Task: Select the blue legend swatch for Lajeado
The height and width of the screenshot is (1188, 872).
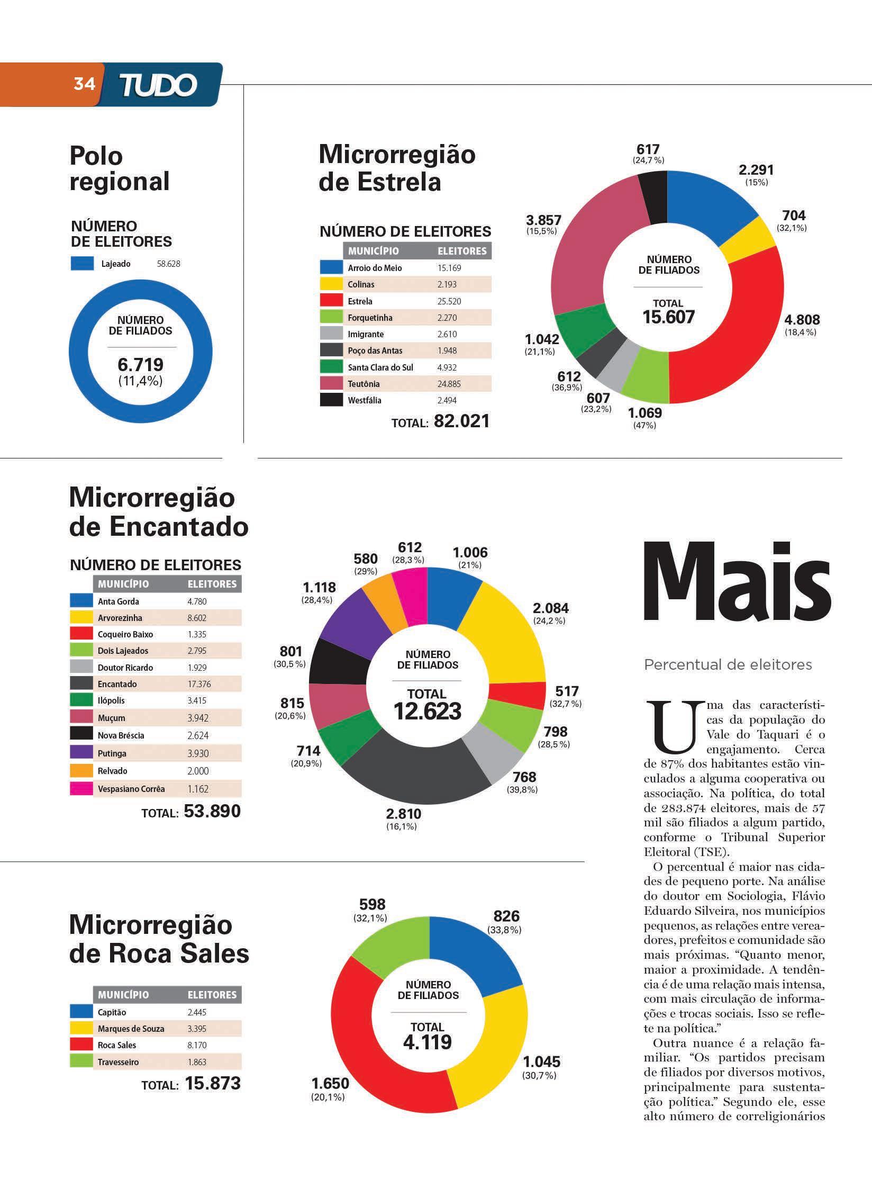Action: pos(82,264)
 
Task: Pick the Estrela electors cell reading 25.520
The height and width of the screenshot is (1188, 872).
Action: pos(449,301)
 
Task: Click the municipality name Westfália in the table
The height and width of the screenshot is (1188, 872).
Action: pos(365,400)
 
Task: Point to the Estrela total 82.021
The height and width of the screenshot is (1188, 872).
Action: pos(461,421)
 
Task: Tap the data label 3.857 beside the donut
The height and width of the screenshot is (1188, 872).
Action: pos(543,220)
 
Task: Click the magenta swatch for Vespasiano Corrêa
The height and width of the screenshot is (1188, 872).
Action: pos(81,789)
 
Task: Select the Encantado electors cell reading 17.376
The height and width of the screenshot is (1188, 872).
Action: pos(199,684)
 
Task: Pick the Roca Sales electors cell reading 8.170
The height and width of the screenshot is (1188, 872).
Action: pos(197,1045)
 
